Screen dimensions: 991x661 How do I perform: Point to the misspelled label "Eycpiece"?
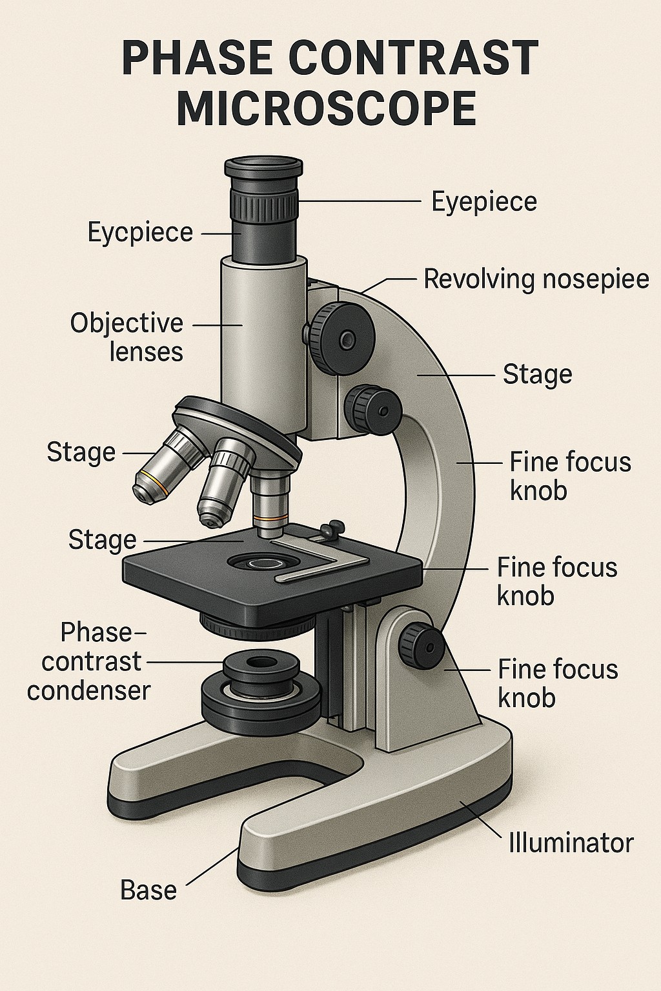pyautogui.click(x=140, y=232)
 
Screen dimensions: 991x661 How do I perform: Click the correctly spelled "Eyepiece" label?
pyautogui.click(x=484, y=201)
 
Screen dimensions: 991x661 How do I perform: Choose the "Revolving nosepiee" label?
pyautogui.click(x=536, y=279)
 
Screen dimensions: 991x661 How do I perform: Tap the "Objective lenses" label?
pyautogui.click(x=127, y=337)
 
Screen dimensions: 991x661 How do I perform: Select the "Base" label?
pyautogui.click(x=148, y=890)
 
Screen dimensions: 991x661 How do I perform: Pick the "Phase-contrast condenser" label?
pyautogui.click(x=89, y=662)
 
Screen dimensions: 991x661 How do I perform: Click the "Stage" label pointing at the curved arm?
pyautogui.click(x=537, y=375)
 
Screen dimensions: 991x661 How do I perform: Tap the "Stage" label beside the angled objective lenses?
pyautogui.click(x=81, y=452)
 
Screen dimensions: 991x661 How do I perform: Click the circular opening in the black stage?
pyautogui.click(x=257, y=563)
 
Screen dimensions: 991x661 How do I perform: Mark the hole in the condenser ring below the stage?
pyautogui.click(x=260, y=663)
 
